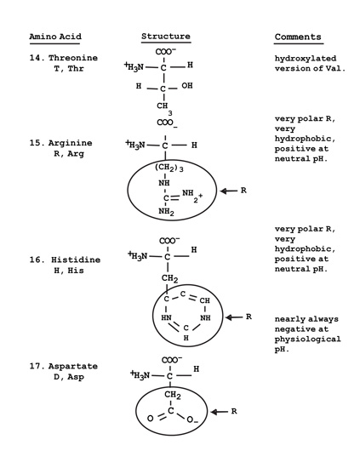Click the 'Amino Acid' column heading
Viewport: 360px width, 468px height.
coord(55,37)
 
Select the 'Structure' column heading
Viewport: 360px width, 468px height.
coord(166,37)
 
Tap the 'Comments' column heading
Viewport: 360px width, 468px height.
coord(298,37)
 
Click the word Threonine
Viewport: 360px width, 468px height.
coord(73,58)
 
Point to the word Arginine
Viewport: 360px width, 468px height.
coord(71,143)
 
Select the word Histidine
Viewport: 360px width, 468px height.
coord(76,260)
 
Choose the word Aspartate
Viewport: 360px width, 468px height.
coord(73,366)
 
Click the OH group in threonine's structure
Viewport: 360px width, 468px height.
coord(187,86)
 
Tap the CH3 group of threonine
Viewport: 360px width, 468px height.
coord(164,108)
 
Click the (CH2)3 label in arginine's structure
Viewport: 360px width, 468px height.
coord(169,168)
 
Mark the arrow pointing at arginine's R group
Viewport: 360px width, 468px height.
coord(229,191)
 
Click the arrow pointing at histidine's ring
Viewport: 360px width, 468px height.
coord(234,317)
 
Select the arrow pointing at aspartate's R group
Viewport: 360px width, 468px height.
coord(219,412)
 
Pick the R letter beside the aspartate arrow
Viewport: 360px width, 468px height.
coord(234,411)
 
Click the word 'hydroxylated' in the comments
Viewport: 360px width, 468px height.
coord(306,59)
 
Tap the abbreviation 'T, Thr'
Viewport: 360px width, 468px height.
coord(69,68)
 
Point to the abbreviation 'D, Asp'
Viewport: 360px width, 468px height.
coord(69,377)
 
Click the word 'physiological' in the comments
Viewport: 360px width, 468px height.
coord(308,340)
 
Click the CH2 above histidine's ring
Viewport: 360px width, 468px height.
coord(170,279)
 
